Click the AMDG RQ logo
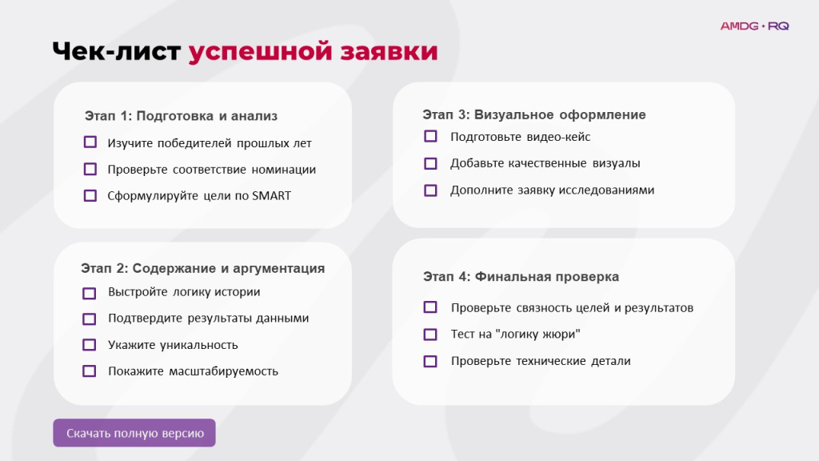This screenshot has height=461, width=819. coord(754,26)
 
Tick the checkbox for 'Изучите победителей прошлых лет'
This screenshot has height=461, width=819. coord(90,142)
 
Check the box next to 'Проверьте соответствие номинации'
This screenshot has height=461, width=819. coord(90,169)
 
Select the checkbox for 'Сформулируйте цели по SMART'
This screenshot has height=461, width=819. coord(90,195)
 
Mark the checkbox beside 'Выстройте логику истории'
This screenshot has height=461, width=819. coord(90,293)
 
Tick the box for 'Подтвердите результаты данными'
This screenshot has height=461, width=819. coord(90,319)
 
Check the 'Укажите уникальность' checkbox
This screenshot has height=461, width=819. coord(90,345)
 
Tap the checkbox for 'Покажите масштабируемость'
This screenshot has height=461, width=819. coord(90,371)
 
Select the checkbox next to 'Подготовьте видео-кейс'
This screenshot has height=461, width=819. coord(430,136)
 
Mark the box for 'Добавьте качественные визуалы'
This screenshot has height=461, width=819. coord(430,163)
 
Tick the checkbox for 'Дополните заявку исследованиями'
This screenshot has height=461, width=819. coord(430,190)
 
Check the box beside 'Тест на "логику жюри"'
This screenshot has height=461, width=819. coord(430,334)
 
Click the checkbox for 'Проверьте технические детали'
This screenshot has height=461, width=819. coord(430,361)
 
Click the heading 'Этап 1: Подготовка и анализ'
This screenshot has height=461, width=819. coord(181,116)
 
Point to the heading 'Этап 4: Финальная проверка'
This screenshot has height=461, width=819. coord(521,277)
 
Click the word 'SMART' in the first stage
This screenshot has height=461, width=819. coord(271,196)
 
